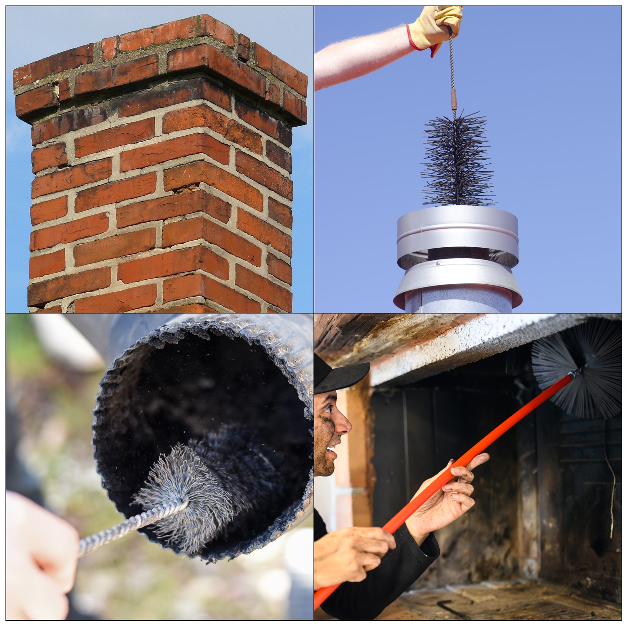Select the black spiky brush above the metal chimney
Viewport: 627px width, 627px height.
[x=457, y=161]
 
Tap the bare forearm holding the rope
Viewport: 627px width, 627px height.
[x=361, y=55]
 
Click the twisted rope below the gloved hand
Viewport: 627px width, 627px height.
[x=452, y=63]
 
